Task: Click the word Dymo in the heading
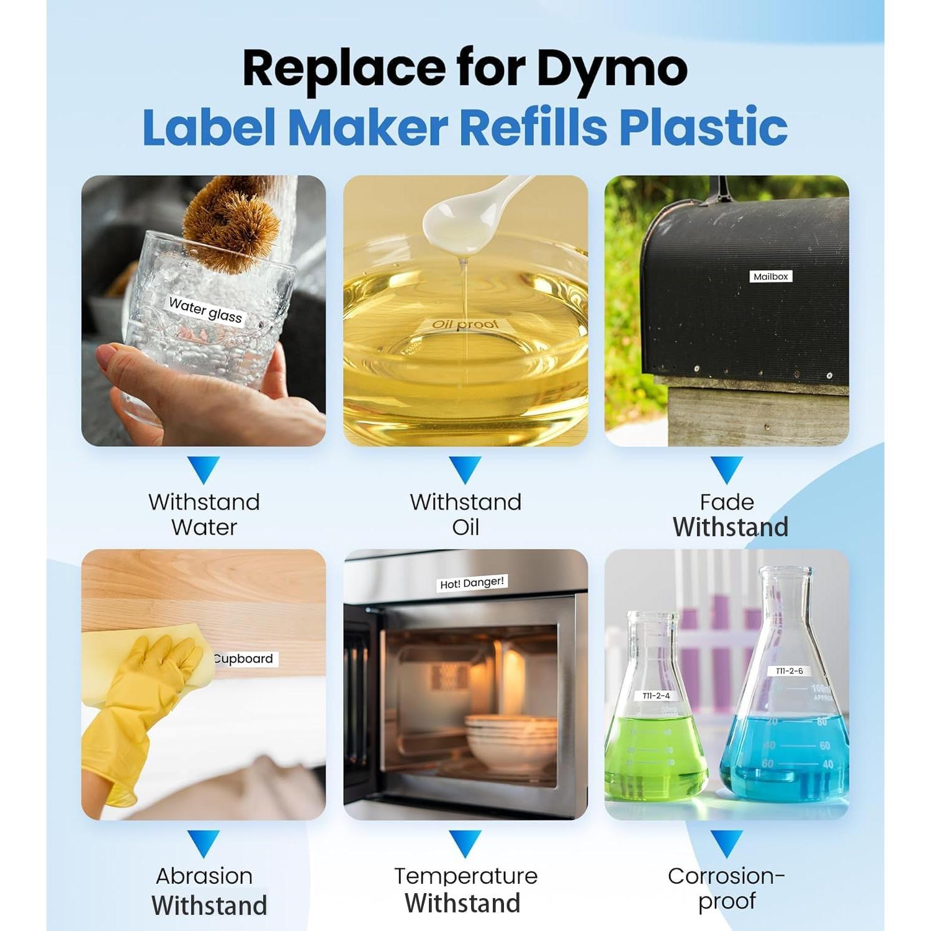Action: (x=611, y=68)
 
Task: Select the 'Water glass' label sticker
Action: (x=205, y=310)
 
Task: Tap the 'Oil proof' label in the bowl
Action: (x=465, y=324)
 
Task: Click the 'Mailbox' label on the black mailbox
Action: (x=771, y=277)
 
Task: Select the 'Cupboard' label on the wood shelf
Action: (x=244, y=659)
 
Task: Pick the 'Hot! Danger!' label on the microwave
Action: (x=472, y=583)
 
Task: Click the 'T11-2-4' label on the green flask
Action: (x=656, y=696)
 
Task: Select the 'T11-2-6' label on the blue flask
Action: (x=789, y=671)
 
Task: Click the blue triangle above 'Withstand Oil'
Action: (x=465, y=469)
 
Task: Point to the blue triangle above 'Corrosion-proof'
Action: (x=726, y=842)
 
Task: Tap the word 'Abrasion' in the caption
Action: (x=204, y=876)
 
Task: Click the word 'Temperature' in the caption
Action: (x=465, y=876)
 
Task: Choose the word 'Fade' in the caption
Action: (x=726, y=501)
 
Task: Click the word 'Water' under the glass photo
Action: (x=204, y=527)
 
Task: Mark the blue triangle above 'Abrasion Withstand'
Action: (x=204, y=843)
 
